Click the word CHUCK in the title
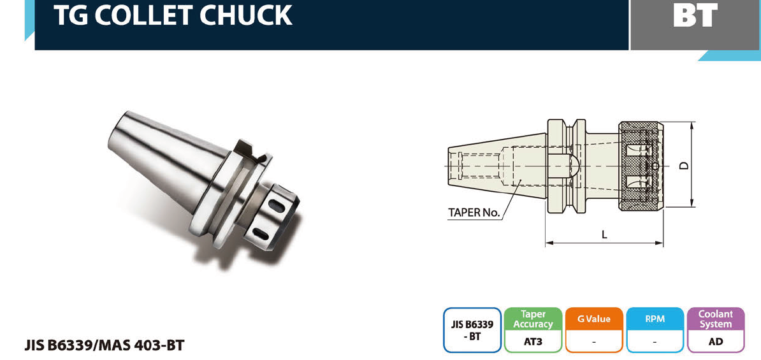(246, 15)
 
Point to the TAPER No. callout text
(474, 213)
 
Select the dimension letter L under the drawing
(604, 234)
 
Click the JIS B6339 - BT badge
(472, 330)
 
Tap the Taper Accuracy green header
(533, 319)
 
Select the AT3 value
(533, 342)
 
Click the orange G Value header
(594, 319)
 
